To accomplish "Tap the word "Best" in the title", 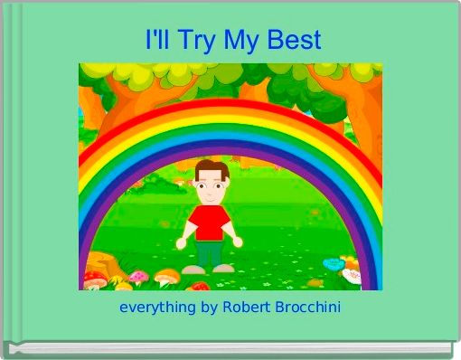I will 295,41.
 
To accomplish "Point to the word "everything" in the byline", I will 157,308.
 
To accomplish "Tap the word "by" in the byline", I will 209,308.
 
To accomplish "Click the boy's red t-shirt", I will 209,222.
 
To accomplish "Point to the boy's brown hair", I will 211,168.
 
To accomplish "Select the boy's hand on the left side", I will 181,243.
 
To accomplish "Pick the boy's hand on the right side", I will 238,242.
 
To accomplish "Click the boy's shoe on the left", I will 193,270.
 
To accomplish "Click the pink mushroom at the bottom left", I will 137,276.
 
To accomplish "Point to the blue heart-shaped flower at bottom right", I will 334,264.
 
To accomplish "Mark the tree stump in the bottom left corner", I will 99,268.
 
